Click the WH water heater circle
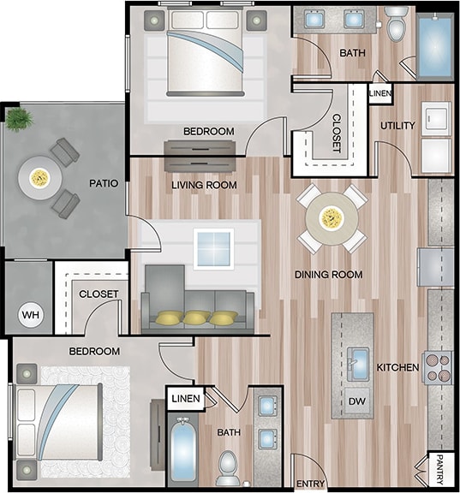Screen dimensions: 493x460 (29, 314)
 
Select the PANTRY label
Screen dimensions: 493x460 (439, 468)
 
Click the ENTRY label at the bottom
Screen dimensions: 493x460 (311, 484)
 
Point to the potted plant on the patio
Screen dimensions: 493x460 (19, 120)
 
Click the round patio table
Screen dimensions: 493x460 (39, 177)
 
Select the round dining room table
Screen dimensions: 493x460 (331, 218)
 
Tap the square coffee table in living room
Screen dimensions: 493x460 (212, 248)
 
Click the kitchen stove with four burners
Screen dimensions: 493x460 (438, 367)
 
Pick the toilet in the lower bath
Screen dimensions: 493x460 (229, 466)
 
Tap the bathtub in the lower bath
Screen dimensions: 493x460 (182, 449)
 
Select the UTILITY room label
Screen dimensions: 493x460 (397, 126)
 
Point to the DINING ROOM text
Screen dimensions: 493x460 (328, 275)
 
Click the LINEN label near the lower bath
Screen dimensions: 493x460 (185, 399)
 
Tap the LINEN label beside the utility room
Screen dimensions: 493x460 (380, 92)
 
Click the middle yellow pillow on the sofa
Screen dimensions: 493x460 (196, 318)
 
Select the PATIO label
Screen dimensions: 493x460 (104, 183)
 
